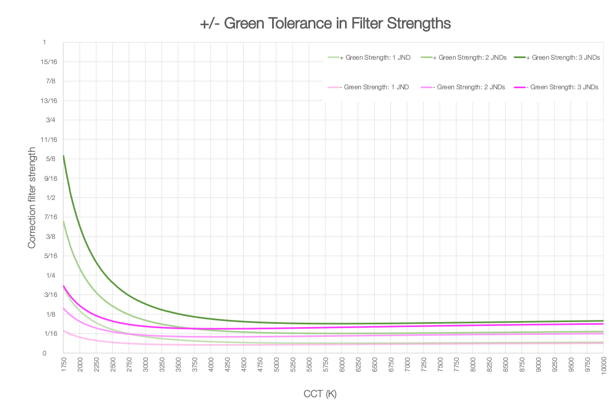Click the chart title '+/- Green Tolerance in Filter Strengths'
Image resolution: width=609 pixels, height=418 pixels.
pyautogui.click(x=325, y=24)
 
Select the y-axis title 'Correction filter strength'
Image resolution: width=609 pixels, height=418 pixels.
pyautogui.click(x=32, y=198)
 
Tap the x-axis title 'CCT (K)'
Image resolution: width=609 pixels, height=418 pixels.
pyautogui.click(x=320, y=394)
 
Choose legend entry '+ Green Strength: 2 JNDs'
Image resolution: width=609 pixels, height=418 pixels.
pyautogui.click(x=467, y=58)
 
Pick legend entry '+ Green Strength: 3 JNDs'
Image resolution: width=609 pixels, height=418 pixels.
pyautogui.click(x=561, y=58)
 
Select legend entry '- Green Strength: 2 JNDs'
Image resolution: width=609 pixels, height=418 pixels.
pyautogui.click(x=467, y=87)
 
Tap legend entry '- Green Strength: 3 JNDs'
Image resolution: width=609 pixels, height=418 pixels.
pyautogui.click(x=561, y=87)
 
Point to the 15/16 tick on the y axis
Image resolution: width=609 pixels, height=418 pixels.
pyautogui.click(x=49, y=62)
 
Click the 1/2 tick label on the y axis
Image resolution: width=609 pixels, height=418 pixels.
pyautogui.click(x=50, y=198)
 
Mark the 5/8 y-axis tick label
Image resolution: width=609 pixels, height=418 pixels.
pyautogui.click(x=50, y=159)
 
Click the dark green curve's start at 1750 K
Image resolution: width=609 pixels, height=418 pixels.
pyautogui.click(x=64, y=156)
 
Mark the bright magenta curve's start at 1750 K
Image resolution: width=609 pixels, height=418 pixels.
pyautogui.click(x=64, y=285)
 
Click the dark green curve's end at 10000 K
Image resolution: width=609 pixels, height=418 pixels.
pyautogui.click(x=603, y=320)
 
